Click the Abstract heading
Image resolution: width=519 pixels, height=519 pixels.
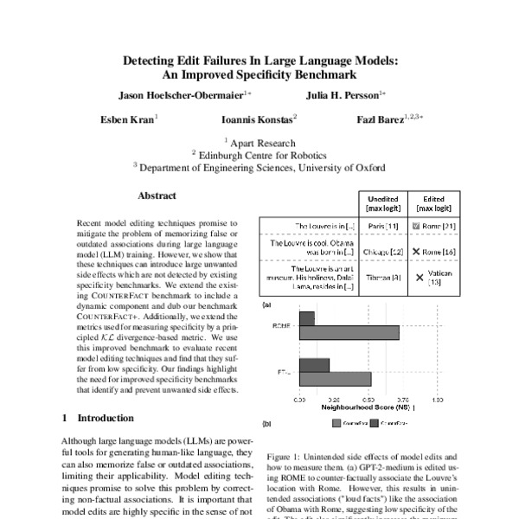tap(157, 195)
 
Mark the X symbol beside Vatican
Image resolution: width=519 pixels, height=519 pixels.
tap(420, 278)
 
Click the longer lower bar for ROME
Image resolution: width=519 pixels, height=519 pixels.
tap(349, 333)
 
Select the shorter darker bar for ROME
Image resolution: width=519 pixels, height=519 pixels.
tap(307, 318)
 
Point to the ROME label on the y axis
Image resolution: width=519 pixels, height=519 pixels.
tap(279, 326)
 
